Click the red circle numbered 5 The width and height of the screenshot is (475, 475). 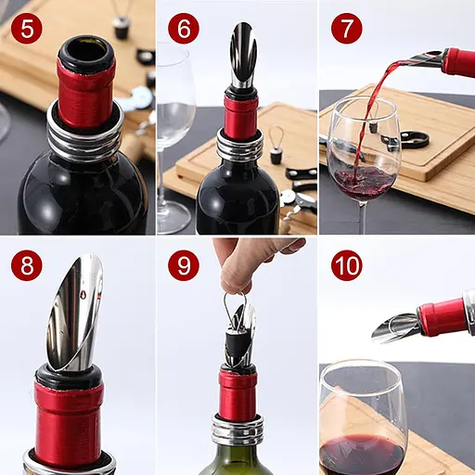(x=27, y=29)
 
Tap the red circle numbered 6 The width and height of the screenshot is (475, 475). (x=184, y=29)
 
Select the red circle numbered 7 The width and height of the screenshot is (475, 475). (x=347, y=29)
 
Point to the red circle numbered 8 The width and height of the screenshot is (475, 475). (x=27, y=265)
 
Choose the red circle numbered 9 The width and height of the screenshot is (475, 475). (x=184, y=265)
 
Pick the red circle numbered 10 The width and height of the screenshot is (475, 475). (x=347, y=265)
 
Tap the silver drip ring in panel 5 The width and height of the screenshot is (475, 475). (x=85, y=136)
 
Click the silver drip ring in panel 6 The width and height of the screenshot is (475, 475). (x=239, y=146)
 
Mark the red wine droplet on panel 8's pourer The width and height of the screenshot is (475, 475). (x=82, y=293)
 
